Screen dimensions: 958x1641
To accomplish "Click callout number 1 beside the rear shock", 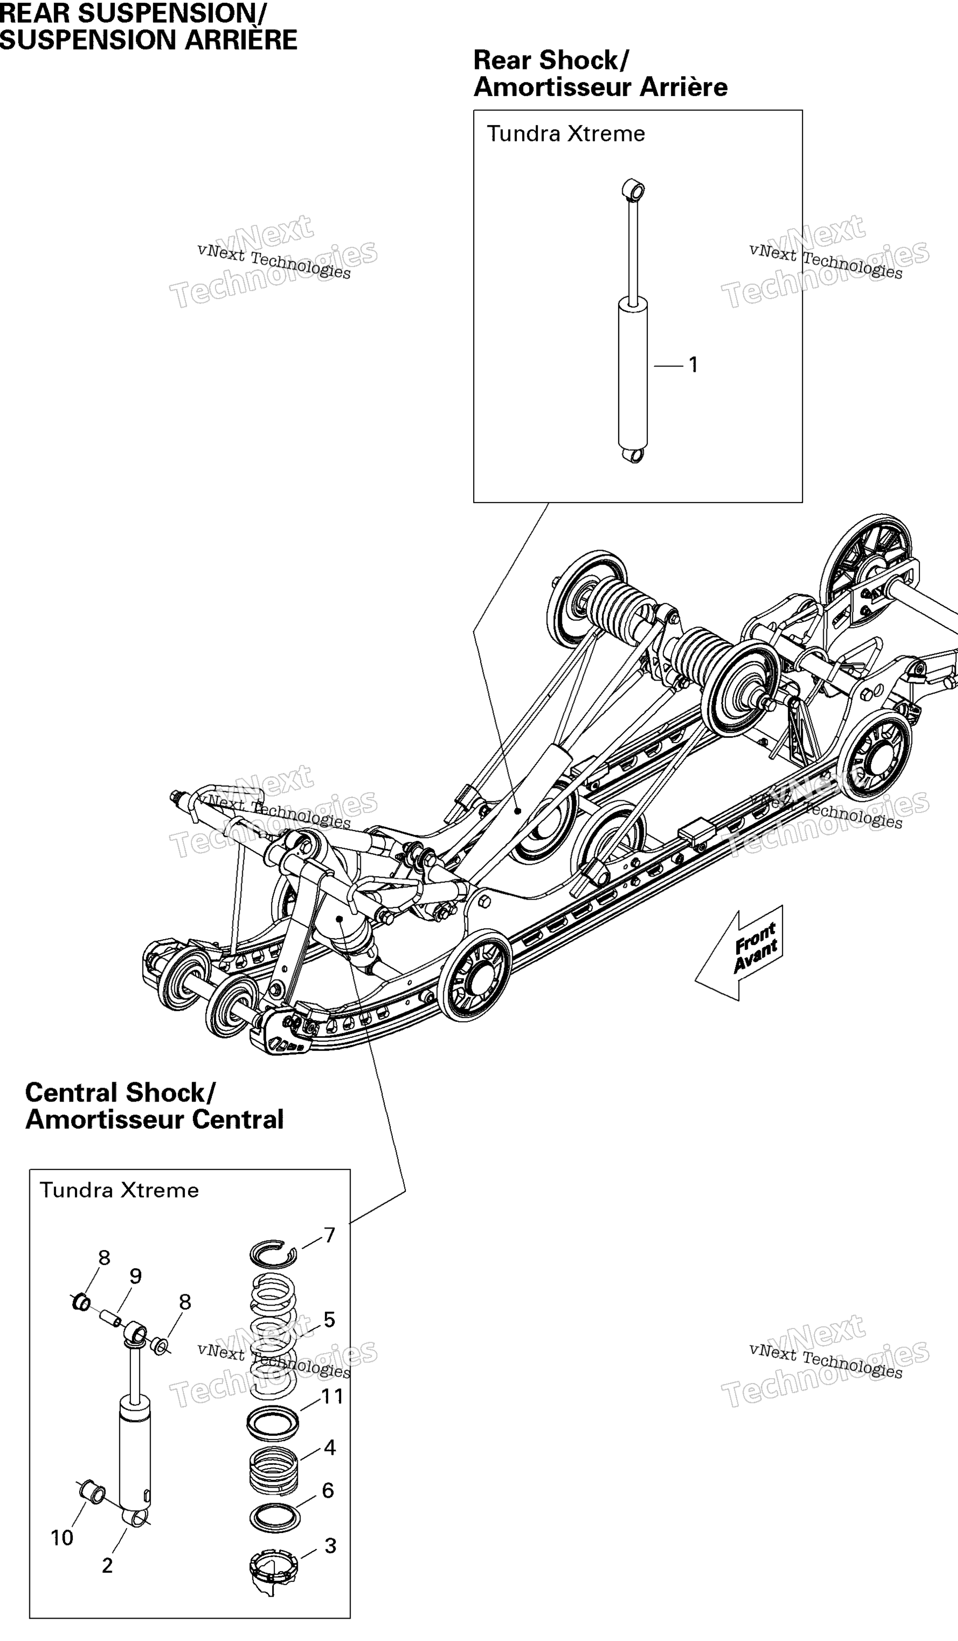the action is (693, 365).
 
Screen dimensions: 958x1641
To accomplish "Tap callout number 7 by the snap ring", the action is (330, 1236).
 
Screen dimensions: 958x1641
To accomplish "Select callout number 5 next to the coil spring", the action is (329, 1320).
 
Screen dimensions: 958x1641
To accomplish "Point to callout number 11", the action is (333, 1396).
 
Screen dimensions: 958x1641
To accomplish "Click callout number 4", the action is (330, 1448).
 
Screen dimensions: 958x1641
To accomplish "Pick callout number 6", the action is (328, 1490).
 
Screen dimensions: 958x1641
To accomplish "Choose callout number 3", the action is (330, 1546).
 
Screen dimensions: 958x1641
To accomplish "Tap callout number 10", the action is (62, 1538).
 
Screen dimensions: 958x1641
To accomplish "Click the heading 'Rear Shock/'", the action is (551, 60).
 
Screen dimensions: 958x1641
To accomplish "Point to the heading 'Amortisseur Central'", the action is (154, 1120).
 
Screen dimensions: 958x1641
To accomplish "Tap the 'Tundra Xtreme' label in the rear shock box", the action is (566, 134).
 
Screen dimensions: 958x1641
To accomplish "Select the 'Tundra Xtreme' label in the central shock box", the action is (119, 1190).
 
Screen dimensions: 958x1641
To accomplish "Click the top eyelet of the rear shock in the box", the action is (633, 190).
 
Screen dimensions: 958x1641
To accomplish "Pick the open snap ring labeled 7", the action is (274, 1254).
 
